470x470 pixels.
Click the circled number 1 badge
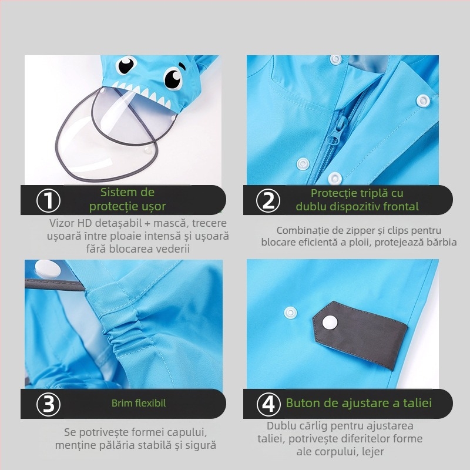(48, 201)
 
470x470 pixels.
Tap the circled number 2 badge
(268, 201)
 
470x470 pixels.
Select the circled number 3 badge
(48, 404)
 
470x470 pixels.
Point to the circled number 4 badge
(268, 404)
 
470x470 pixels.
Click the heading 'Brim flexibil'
(139, 404)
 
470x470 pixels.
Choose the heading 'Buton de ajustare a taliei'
(358, 403)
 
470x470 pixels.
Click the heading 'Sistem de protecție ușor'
(127, 199)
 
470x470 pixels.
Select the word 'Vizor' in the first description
(63, 223)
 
